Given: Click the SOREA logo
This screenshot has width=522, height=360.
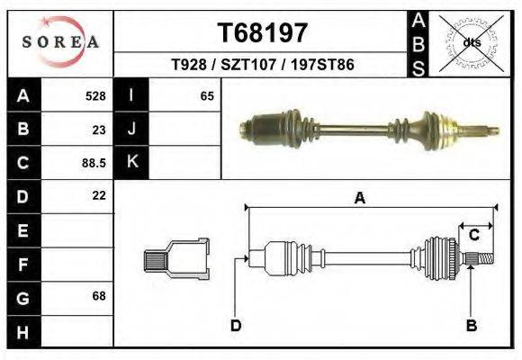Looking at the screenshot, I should pyautogui.click(x=60, y=42).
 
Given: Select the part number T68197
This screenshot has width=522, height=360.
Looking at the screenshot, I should pyautogui.click(x=263, y=33).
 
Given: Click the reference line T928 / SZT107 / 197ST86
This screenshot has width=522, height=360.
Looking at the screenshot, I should pyautogui.click(x=263, y=66).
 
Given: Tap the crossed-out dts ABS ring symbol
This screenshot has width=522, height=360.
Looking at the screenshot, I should pyautogui.click(x=470, y=42).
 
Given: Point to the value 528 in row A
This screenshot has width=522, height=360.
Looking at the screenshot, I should pyautogui.click(x=94, y=95).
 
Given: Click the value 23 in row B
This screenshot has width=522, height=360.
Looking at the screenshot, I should pyautogui.click(x=99, y=129).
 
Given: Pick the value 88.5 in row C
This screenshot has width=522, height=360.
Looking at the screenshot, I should pyautogui.click(x=94, y=163).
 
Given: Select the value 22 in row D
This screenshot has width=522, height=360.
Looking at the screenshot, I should pyautogui.click(x=99, y=195).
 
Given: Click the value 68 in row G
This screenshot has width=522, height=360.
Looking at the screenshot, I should pyautogui.click(x=99, y=296).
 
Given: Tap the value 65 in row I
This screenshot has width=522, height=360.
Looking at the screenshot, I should pyautogui.click(x=207, y=95).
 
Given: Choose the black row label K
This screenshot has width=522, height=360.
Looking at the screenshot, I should pyautogui.click(x=131, y=162).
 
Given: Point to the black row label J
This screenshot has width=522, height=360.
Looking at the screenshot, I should pyautogui.click(x=131, y=129).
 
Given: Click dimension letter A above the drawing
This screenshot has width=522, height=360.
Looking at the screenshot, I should pyautogui.click(x=359, y=199).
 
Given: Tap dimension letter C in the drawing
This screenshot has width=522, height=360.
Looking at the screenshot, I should pyautogui.click(x=473, y=235).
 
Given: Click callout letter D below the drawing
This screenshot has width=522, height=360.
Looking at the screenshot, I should pyautogui.click(x=236, y=325).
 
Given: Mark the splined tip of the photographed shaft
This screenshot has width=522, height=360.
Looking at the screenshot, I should pyautogui.click(x=490, y=130).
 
